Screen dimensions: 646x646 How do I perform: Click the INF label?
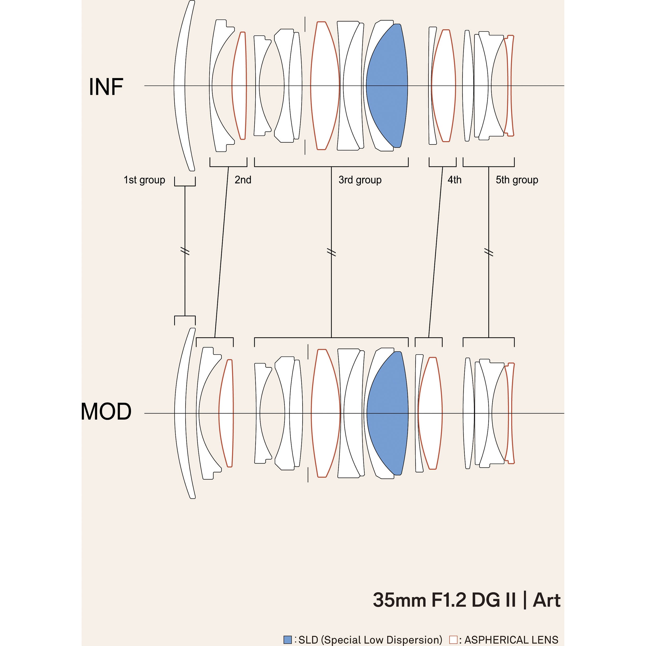[x=106, y=87]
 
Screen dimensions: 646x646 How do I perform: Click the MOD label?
[x=106, y=411]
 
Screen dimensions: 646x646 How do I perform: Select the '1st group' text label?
[x=144, y=180]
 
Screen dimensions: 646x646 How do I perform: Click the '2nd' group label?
[x=243, y=180]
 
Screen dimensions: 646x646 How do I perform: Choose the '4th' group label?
[x=455, y=180]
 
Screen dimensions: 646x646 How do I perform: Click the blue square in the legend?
[x=288, y=640]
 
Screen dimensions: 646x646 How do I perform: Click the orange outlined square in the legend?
[x=453, y=640]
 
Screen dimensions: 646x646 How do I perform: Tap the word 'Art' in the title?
[x=546, y=600]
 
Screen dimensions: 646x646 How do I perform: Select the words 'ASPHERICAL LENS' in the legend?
[x=511, y=640]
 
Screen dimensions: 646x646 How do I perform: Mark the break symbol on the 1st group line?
[x=185, y=251]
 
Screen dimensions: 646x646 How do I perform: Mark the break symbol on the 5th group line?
[x=489, y=252]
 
